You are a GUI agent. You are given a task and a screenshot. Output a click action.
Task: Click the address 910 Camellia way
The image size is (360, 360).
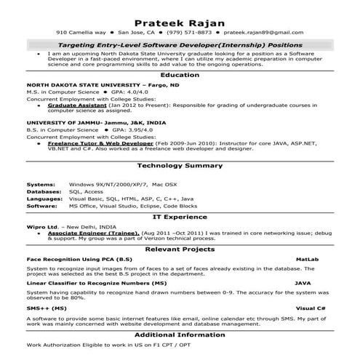pyautogui.click(x=81, y=33)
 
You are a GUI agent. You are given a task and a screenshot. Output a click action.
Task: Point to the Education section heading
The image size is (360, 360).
pyautogui.click(x=180, y=75)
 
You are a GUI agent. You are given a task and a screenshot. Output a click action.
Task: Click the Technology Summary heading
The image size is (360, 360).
pyautogui.click(x=180, y=167)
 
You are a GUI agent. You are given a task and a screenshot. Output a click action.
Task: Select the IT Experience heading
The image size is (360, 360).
pyautogui.click(x=180, y=216)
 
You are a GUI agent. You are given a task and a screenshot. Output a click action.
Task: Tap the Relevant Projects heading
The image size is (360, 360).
pyautogui.click(x=180, y=249)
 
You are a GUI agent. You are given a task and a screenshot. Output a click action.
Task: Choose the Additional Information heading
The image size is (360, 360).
pyautogui.click(x=180, y=334)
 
